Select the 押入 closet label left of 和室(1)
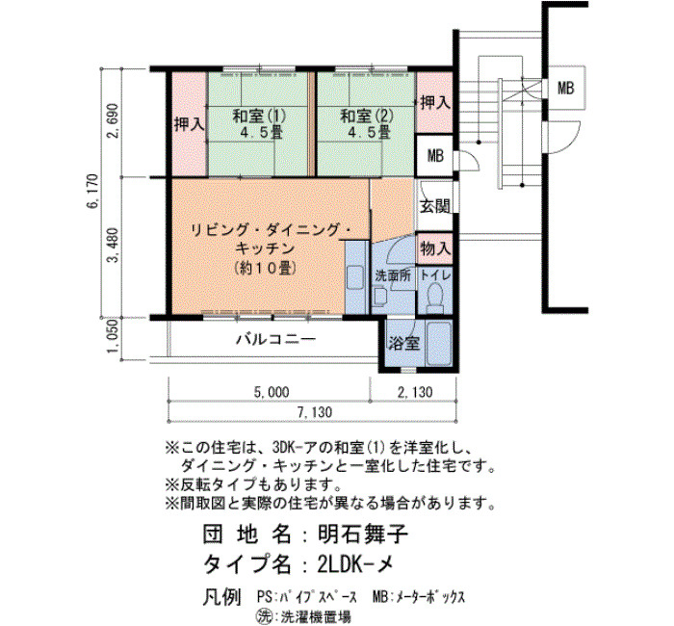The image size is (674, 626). [189, 124]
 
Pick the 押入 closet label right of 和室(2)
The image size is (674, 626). [435, 102]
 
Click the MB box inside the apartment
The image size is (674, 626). [435, 155]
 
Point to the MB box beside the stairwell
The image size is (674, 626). [566, 89]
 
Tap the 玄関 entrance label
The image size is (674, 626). [435, 206]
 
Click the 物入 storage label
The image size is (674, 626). [435, 248]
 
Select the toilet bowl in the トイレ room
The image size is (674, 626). [434, 297]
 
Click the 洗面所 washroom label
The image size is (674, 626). [393, 275]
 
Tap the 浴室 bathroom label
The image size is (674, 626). [404, 344]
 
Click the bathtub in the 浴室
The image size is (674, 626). [438, 343]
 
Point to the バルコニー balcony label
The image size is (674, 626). [276, 340]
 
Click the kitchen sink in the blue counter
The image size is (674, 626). [355, 277]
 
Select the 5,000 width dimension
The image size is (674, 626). [272, 392]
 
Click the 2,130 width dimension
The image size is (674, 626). [414, 392]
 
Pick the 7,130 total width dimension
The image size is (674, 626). [314, 412]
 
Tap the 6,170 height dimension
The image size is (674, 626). [92, 192]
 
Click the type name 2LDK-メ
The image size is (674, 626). [355, 563]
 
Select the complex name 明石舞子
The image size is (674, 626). [363, 535]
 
